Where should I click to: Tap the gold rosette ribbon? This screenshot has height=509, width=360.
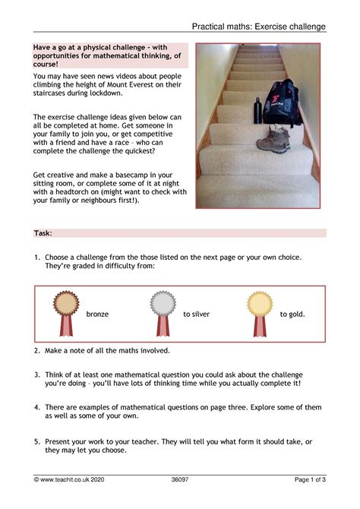point(261,312)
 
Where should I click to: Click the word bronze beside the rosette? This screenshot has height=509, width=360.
point(97,314)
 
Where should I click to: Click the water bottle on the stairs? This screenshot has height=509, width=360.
point(258,110)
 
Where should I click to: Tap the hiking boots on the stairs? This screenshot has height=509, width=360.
point(273,140)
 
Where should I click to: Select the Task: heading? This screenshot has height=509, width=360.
point(43,233)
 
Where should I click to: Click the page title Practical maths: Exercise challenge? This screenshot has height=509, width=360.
point(260,27)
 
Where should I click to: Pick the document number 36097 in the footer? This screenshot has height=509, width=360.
point(180,479)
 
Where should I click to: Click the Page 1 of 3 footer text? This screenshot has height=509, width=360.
point(310,479)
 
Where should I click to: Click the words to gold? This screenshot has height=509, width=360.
point(292,314)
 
